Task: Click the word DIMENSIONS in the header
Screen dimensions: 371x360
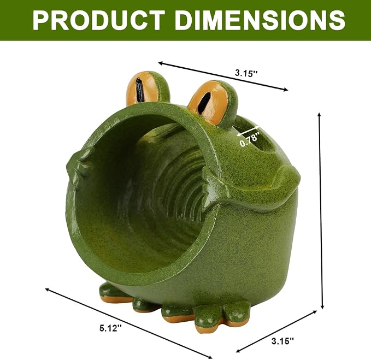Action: (260, 20)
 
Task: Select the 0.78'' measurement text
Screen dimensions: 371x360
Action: (250, 139)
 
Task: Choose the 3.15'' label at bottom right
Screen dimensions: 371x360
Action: (282, 341)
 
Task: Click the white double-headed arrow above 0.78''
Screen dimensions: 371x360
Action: (248, 131)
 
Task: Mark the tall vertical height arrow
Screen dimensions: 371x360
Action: (321, 211)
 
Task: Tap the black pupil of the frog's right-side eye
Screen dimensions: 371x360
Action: (204, 103)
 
